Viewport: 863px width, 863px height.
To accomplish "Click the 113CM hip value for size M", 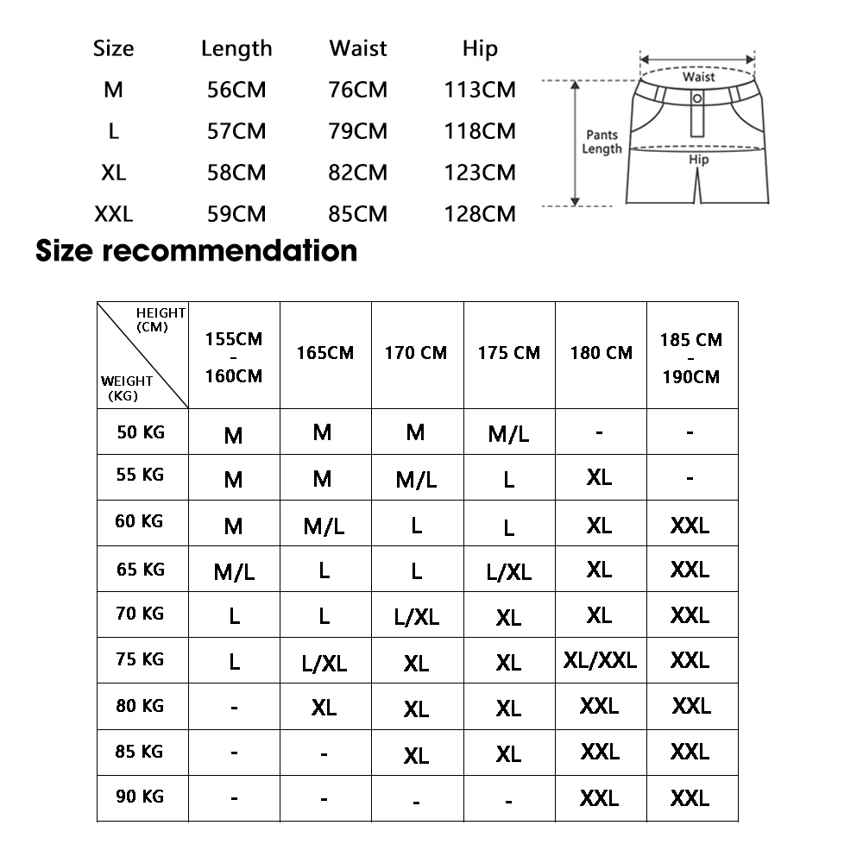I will point(480,90).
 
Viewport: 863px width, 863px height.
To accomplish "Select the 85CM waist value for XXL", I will point(358,213).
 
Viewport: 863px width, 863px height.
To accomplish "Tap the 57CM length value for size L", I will point(236,131).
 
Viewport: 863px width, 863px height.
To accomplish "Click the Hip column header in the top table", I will point(480,48).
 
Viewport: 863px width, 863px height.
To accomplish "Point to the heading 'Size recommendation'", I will point(197,250).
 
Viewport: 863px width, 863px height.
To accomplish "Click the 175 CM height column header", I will point(508,353).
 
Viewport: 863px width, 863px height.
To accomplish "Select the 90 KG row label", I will point(140,796).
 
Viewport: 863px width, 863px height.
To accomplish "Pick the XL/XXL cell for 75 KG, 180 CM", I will point(600,660).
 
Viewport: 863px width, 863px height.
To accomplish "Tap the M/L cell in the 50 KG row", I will point(508,433).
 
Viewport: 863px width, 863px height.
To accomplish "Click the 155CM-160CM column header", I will point(233,357).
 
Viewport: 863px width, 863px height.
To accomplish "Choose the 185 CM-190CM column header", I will point(690,357).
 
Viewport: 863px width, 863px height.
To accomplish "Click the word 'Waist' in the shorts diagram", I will point(698,77).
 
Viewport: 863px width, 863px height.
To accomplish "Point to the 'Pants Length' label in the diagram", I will point(602,142).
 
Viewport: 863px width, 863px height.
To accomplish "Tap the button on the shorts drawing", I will point(697,98).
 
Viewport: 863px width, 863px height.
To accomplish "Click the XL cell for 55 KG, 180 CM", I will point(599,477).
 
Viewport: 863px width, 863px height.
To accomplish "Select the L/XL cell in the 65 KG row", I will point(508,571).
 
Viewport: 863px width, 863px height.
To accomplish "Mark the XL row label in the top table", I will point(113,173).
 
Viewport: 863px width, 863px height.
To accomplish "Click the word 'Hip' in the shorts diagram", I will point(699,160).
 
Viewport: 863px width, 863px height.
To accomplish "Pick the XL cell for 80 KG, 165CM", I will point(324,707).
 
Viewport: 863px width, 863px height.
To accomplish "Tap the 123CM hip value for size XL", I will point(480,173).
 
